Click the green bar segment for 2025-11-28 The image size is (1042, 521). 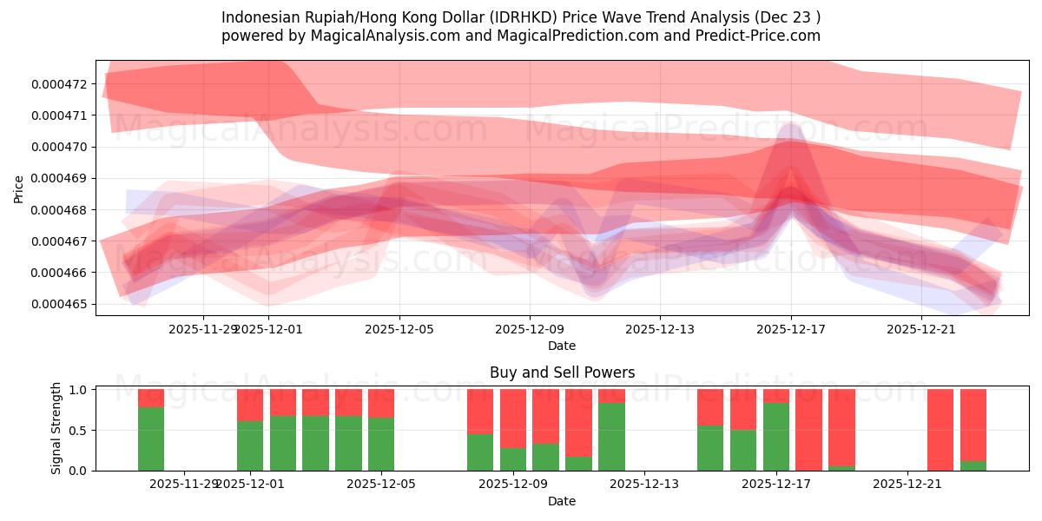tap(151, 439)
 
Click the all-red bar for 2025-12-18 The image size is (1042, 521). tap(808, 430)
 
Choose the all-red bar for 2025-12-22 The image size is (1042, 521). tap(940, 430)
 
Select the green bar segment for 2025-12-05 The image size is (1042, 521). tap(381, 444)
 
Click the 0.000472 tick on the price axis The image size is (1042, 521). tap(58, 84)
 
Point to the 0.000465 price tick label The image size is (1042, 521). tap(58, 305)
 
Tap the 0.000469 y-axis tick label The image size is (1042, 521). tap(58, 179)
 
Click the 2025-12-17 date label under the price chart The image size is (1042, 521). tap(790, 329)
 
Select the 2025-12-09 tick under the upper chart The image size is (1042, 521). tap(530, 329)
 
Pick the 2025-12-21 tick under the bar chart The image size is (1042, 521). tap(907, 485)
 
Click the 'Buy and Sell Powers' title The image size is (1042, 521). tap(562, 373)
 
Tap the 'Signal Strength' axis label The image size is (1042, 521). tap(56, 428)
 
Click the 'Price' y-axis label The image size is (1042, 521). tap(18, 188)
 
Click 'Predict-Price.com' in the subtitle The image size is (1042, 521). tap(762, 36)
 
